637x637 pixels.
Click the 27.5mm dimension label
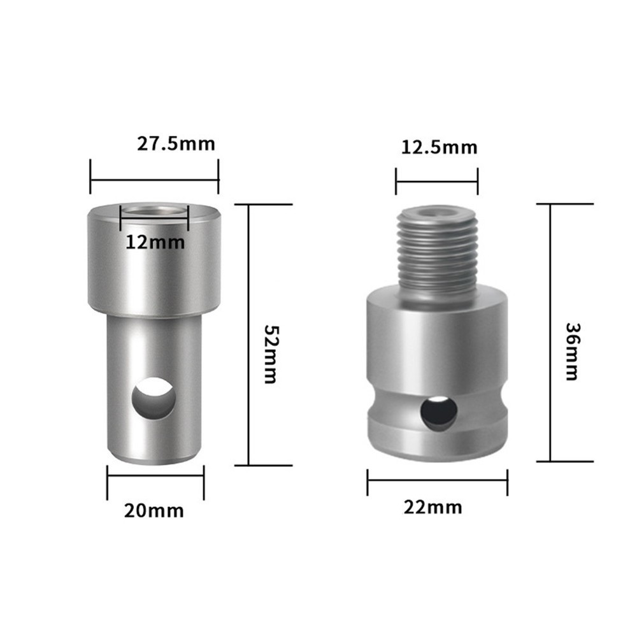176,143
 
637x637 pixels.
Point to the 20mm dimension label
155,510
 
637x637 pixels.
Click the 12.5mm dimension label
439,148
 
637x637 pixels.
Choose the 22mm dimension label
433,507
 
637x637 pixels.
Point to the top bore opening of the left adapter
154,210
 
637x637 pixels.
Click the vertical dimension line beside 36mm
550,332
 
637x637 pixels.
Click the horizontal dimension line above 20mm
155,482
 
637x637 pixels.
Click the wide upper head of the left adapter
154,268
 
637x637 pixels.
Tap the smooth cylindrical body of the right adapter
437,344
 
